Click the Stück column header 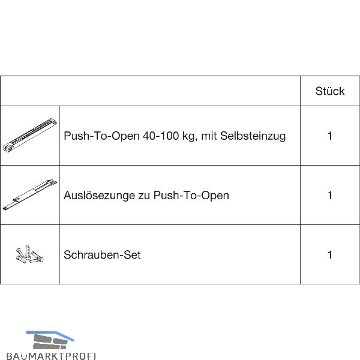[x=330, y=91]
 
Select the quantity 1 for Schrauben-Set [x=330, y=254]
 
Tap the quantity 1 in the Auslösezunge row [x=330, y=195]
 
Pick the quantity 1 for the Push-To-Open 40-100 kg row [x=330, y=136]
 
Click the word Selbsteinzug [x=253, y=136]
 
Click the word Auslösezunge [x=99, y=196]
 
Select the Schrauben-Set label [x=102, y=254]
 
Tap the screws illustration [x=29, y=254]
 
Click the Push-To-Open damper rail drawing [x=30, y=135]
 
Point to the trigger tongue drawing [x=30, y=194]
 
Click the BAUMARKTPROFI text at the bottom [x=51, y=356]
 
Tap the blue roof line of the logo [x=50, y=335]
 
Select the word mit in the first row [x=209, y=136]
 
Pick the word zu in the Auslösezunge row [x=144, y=196]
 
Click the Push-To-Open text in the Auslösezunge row [x=191, y=196]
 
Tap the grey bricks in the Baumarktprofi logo [x=50, y=341]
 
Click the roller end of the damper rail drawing [x=8, y=148]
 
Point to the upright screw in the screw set [x=28, y=253]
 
